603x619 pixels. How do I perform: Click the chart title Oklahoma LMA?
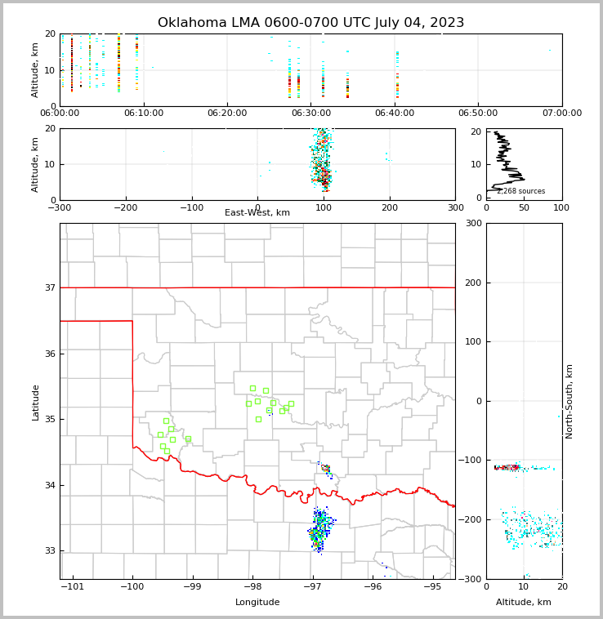pyautogui.click(x=310, y=23)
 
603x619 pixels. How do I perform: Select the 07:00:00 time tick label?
pyautogui.click(x=561, y=114)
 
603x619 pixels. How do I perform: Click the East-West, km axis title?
pyautogui.click(x=257, y=213)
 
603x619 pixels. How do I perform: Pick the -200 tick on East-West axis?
pyautogui.click(x=124, y=207)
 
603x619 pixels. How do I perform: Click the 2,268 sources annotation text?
pyautogui.click(x=520, y=191)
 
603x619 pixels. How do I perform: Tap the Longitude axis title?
pyautogui.click(x=257, y=603)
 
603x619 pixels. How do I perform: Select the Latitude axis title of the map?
pyautogui.click(x=36, y=402)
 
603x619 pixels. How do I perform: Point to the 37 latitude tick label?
pyautogui.click(x=49, y=287)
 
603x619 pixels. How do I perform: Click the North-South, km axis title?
pyautogui.click(x=569, y=401)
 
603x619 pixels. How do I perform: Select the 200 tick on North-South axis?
pyautogui.click(x=473, y=283)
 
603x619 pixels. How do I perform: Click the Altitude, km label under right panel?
pyautogui.click(x=524, y=603)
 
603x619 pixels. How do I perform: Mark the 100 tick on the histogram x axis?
pyautogui.click(x=561, y=207)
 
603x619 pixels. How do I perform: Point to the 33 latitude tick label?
pyautogui.click(x=49, y=551)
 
